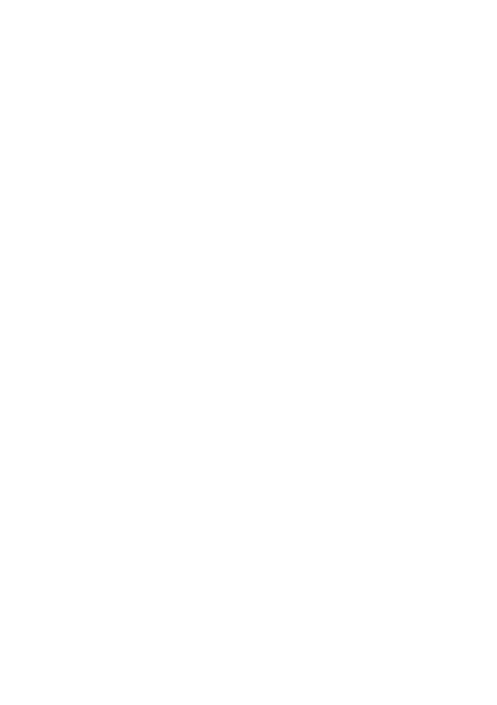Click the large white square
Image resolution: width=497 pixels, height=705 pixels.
coord(99,196)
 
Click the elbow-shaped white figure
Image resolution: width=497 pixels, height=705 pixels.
coord(435,311)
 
